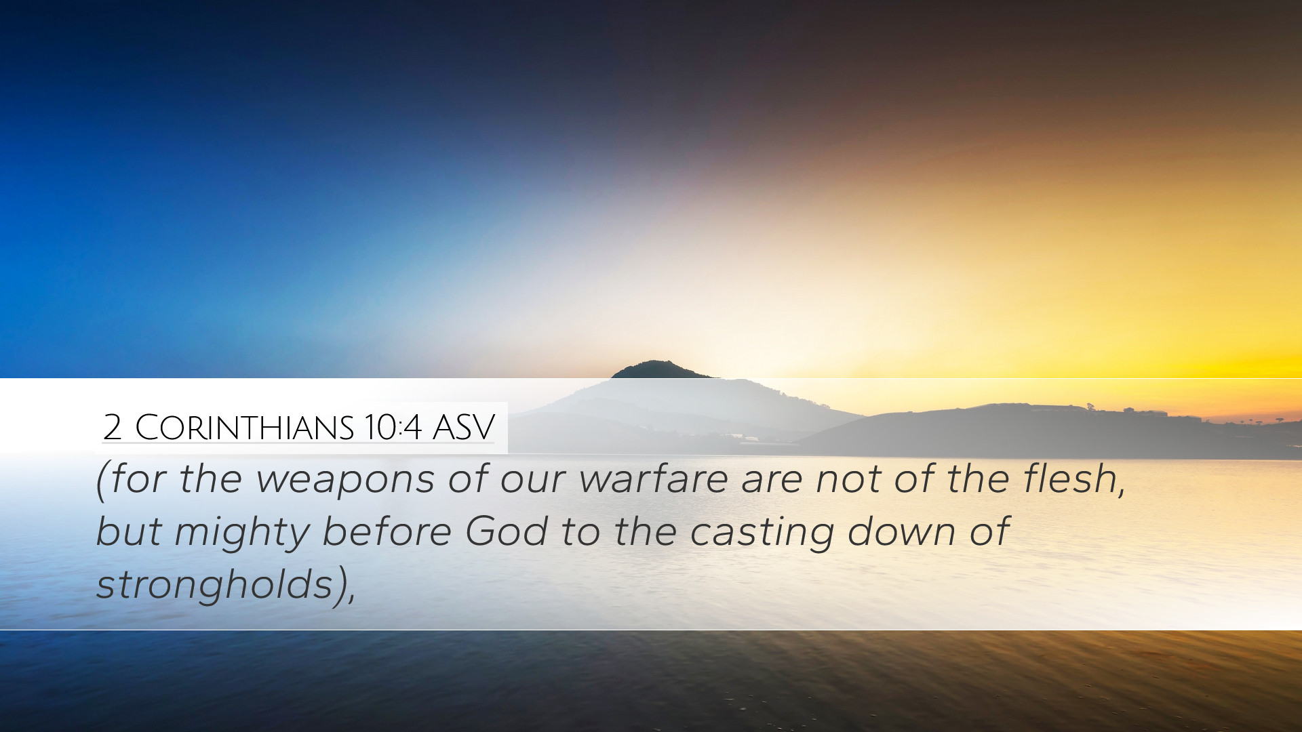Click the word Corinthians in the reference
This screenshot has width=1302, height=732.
(245, 428)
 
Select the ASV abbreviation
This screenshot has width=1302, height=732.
(464, 427)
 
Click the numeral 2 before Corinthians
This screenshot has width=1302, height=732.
(113, 427)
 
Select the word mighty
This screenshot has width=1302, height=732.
(241, 533)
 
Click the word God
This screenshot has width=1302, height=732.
(507, 531)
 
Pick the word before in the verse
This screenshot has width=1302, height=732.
(387, 531)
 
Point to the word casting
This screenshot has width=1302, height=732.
(762, 533)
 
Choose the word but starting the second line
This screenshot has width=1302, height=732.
(129, 531)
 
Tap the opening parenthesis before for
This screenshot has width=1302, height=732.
(102, 482)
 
